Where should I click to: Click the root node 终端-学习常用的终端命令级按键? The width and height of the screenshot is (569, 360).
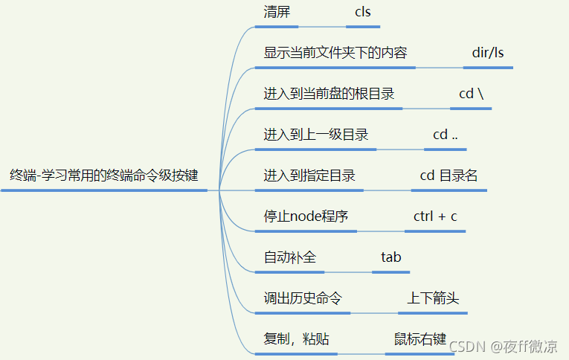[x=104, y=176]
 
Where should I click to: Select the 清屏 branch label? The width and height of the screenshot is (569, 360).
[x=277, y=13]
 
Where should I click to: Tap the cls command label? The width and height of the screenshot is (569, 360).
[x=363, y=13]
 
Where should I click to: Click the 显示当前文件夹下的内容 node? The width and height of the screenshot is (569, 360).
[x=335, y=54]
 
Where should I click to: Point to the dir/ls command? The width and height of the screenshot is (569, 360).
[x=488, y=54]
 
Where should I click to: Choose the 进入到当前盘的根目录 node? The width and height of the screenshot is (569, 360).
[x=329, y=94]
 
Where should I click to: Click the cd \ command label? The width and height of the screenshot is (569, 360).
[x=471, y=94]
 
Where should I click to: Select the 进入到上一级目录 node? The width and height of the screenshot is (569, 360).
[x=316, y=135]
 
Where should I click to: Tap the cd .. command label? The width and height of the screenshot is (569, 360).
[x=446, y=135]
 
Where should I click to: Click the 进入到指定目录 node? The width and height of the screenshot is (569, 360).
[x=309, y=176]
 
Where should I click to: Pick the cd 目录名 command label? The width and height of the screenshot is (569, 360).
[x=449, y=176]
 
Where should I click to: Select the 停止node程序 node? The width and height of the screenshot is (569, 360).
[x=306, y=217]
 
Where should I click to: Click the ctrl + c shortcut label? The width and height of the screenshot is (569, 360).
[x=435, y=217]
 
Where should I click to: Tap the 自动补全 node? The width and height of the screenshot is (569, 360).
[x=290, y=257]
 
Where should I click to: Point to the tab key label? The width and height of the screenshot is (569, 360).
[x=391, y=257]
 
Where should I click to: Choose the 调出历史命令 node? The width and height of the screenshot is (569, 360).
[x=303, y=298]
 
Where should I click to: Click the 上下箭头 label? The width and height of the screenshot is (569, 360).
[x=433, y=298]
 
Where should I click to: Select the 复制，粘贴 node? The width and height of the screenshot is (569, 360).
[x=297, y=339]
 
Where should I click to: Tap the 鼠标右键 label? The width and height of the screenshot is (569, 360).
[x=420, y=339]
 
